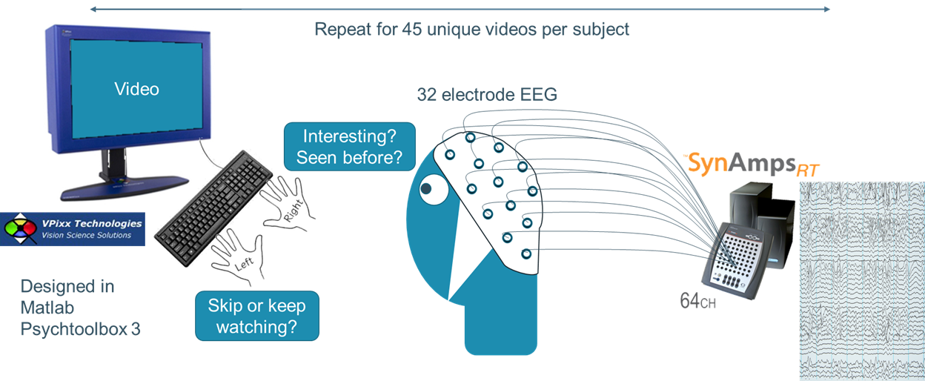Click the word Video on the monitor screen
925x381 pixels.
136,89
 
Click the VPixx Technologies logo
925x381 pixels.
72,228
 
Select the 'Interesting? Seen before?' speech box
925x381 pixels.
349,147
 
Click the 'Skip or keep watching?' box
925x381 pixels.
256,315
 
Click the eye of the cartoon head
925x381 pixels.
427,189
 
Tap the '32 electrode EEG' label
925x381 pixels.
487,94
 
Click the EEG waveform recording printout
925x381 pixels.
861,282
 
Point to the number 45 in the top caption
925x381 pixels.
411,30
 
